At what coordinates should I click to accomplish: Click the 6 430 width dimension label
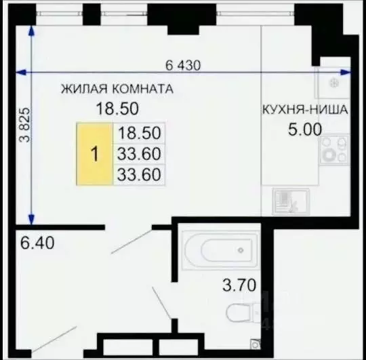point(184,66)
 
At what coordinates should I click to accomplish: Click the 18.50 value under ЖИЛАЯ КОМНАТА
point(115,107)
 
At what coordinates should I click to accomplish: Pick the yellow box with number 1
point(95,154)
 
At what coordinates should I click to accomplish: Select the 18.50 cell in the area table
point(138,133)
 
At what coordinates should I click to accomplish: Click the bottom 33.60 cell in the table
point(138,176)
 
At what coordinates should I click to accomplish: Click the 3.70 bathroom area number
point(241,286)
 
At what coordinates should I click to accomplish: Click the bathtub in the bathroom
point(220,250)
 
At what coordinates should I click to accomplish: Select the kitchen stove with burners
point(333,151)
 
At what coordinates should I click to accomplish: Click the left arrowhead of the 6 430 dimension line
point(19,71)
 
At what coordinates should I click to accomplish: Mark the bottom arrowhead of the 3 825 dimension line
point(31,218)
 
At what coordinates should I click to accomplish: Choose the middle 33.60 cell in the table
point(138,154)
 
